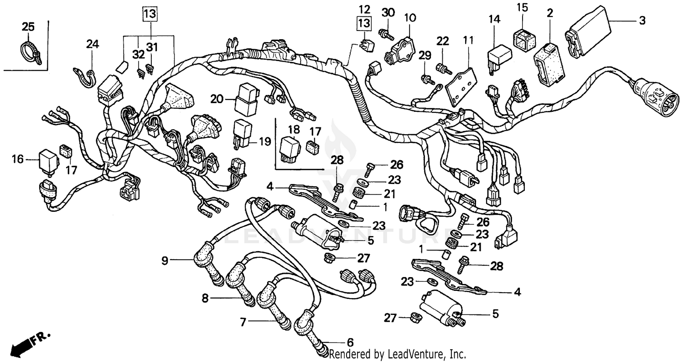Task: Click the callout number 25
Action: pos(28,27)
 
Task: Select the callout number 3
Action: pos(642,20)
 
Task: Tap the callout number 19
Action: pos(265,142)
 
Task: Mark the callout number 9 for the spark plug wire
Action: pos(165,261)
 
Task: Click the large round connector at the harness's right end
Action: pos(650,97)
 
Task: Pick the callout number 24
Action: pos(93,44)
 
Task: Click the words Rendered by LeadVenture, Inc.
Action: pos(397,354)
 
